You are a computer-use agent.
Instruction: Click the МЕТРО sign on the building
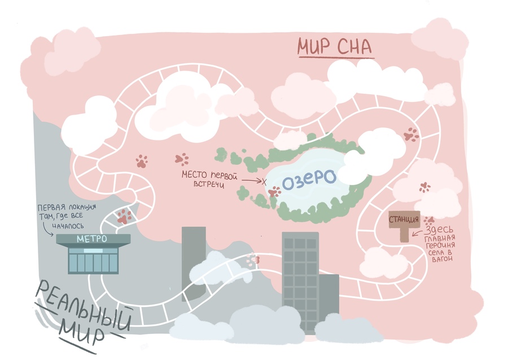pos(93,239)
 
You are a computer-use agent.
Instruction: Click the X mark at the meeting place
pos(264,181)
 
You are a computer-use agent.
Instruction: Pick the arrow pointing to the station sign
pos(417,231)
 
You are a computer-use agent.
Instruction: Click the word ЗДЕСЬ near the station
pos(440,230)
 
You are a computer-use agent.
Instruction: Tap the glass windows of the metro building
pos(93,261)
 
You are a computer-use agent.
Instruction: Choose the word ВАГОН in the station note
pos(442,260)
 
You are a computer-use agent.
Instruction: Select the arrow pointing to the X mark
pos(251,180)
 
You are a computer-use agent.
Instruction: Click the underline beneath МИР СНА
pos(335,56)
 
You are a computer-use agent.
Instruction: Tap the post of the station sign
pos(404,234)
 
